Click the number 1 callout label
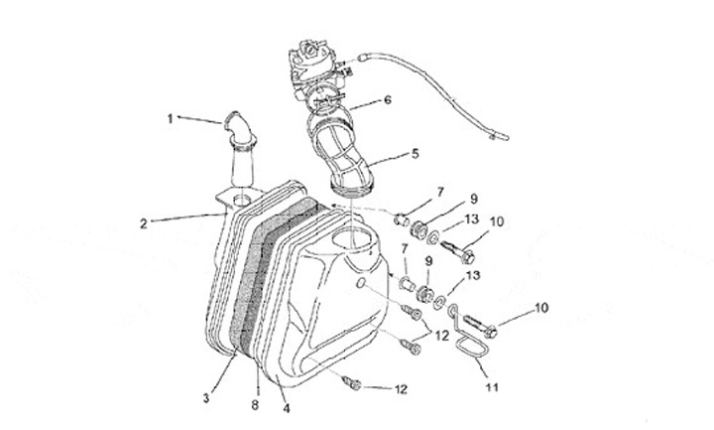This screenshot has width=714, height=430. [171, 119]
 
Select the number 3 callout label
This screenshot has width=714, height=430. [206, 398]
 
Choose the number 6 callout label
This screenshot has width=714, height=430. [388, 100]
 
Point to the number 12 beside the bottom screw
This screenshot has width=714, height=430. [401, 388]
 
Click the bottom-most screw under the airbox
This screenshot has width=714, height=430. [350, 380]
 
